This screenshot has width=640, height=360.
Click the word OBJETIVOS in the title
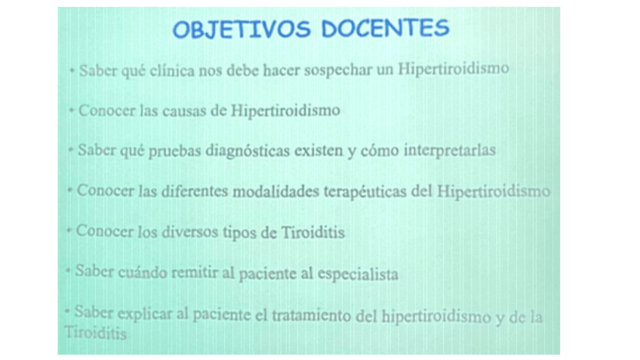(242, 29)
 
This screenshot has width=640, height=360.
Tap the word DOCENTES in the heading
(385, 28)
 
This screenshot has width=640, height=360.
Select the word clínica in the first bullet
(172, 70)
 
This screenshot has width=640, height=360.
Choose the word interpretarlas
(450, 150)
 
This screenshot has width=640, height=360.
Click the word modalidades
(276, 191)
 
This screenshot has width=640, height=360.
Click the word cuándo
(143, 272)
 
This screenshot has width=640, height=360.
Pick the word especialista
(358, 274)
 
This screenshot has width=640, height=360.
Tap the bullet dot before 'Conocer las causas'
(72, 109)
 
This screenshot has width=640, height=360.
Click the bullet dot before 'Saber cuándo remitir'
(68, 270)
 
